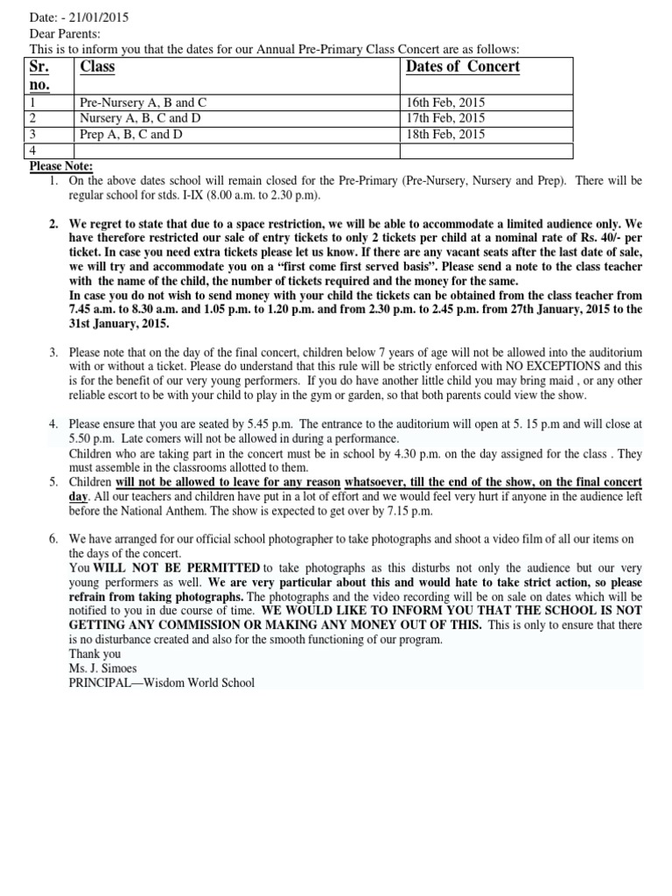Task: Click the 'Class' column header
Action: coord(97,67)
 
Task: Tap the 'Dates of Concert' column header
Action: coord(463,67)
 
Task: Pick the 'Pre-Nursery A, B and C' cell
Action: coord(143,102)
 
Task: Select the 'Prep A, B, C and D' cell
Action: coord(131,134)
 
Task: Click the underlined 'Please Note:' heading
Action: coord(61,166)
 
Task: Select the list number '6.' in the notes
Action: coord(54,540)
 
